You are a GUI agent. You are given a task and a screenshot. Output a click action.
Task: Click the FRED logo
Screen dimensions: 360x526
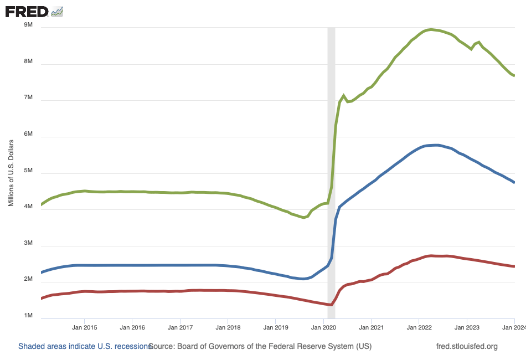click(x=33, y=11)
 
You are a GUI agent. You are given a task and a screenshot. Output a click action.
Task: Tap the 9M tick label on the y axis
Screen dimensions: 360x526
click(x=28, y=25)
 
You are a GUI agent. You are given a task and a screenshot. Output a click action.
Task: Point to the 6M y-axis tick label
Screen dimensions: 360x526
click(x=28, y=135)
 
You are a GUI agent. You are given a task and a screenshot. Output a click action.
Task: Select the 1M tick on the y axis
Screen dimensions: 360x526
click(x=28, y=316)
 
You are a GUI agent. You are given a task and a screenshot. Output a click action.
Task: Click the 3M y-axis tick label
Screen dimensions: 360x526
click(x=28, y=243)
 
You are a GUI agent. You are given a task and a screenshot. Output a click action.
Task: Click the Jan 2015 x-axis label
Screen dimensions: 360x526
click(x=84, y=327)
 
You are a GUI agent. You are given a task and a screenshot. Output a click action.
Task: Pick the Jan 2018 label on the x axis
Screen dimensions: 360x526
click(x=228, y=327)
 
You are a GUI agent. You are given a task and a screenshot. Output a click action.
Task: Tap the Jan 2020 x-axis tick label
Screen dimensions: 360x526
click(x=323, y=327)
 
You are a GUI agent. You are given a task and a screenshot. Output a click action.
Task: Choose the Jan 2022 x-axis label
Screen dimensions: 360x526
click(x=419, y=327)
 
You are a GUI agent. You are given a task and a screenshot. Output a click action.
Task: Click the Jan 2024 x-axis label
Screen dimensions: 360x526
click(x=514, y=327)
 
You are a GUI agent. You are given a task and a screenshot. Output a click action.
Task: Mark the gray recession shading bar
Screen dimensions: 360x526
click(x=332, y=166)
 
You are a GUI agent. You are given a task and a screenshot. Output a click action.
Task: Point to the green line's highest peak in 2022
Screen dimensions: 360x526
click(x=431, y=29)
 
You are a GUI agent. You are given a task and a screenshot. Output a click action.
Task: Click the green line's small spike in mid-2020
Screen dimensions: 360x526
click(x=344, y=96)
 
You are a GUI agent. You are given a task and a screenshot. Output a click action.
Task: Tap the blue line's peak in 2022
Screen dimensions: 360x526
click(x=436, y=145)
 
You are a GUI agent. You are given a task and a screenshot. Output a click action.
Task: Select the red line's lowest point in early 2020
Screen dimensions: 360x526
click(x=331, y=305)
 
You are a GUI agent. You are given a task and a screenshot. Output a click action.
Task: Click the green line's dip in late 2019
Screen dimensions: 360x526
click(x=303, y=217)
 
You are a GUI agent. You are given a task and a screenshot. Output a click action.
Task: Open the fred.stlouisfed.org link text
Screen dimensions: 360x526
click(x=467, y=347)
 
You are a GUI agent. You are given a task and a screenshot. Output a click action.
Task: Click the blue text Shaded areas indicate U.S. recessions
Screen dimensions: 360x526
click(x=85, y=347)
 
